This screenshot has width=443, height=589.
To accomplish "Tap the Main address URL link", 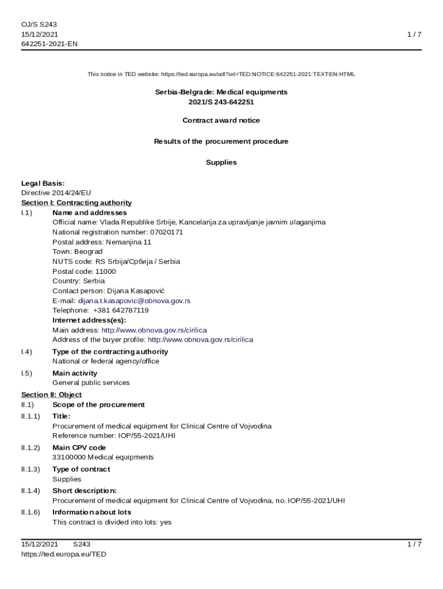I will click(154, 330).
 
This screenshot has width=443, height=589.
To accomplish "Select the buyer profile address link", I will click(200, 340).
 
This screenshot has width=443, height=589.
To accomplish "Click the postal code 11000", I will click(105, 271).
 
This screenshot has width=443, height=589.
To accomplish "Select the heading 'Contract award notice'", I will click(221, 120).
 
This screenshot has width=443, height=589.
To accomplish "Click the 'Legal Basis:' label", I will click(43, 183).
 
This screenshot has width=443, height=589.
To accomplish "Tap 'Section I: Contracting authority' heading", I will click(77, 202).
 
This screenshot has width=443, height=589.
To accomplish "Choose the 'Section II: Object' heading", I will click(51, 395).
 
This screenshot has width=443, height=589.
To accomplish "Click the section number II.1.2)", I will click(30, 448).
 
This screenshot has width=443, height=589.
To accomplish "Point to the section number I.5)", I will click(26, 373).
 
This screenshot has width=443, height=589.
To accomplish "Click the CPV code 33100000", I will click(69, 457).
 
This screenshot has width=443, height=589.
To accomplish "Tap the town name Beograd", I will click(89, 251).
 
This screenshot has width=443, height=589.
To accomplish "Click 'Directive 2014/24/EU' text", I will click(56, 193).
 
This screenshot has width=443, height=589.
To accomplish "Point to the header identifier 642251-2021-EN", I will click(49, 44).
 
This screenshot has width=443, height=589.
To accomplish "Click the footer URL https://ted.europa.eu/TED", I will click(64, 554).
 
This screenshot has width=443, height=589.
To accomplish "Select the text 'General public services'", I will click(91, 383).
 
